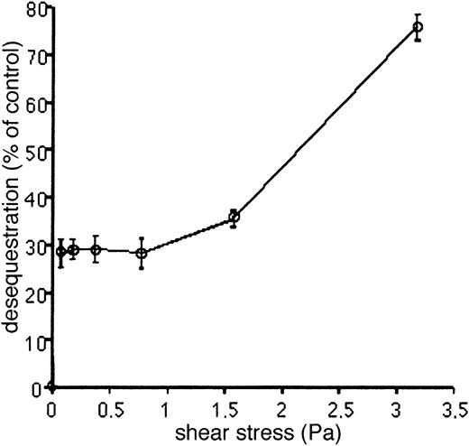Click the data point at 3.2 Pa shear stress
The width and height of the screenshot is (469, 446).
click(418, 27)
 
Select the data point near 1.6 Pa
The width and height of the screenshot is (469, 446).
click(234, 217)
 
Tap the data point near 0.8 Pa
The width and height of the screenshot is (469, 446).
click(142, 253)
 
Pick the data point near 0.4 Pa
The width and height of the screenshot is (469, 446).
click(96, 248)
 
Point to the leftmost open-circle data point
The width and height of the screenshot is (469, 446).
click(60, 252)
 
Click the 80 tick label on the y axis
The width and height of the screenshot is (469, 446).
click(36, 9)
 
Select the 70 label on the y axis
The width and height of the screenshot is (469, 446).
click(36, 56)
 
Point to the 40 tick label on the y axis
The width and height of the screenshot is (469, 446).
click(36, 197)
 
